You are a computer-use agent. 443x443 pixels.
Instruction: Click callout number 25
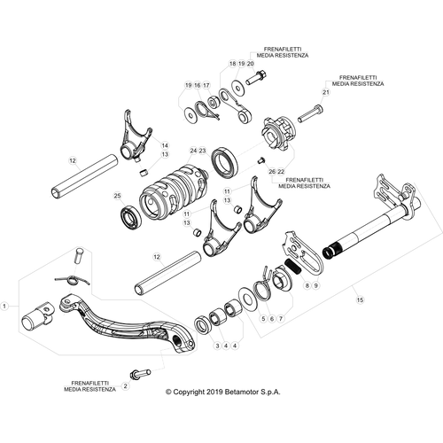tap(117, 196)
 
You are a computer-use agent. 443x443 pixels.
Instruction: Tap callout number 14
tap(165, 145)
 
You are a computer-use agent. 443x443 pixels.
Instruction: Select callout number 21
tap(326, 92)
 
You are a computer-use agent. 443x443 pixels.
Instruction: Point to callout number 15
tap(360, 300)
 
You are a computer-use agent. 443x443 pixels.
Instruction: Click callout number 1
tap(4, 307)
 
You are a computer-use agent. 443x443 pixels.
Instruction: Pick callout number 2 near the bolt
tap(126, 386)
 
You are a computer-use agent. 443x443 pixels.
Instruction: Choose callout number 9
tap(316, 285)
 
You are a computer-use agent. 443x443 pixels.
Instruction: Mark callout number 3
tap(217, 346)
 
